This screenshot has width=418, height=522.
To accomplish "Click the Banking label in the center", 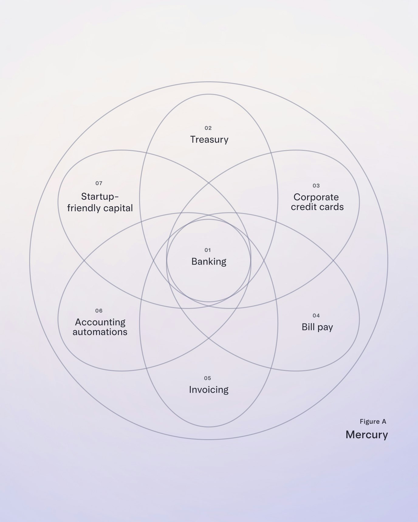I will pos(209,262).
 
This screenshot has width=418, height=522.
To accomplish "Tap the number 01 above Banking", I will pos(207,250).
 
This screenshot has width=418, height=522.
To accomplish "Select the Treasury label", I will pos(209,140).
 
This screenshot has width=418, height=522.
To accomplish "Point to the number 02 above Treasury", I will pos(208,128).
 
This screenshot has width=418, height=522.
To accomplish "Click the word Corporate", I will pos(316,197).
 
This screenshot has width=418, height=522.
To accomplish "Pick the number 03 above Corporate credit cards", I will pos(316,186).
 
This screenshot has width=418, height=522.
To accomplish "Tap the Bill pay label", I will pos(317,327).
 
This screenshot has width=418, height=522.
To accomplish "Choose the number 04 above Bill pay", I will pos(316,316).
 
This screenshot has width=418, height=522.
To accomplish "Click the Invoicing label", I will pos(209,390).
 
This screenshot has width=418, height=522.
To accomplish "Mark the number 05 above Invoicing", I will pos(207,378).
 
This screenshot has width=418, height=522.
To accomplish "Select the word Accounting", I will pos(100,322).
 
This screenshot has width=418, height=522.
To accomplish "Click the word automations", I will pos(100,332).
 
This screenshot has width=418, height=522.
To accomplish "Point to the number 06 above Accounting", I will pos(99,311).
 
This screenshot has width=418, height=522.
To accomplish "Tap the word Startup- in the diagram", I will pos(100,197).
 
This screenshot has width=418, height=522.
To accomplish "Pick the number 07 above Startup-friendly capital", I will pos(99,183).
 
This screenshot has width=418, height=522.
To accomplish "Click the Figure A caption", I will pos(373,422).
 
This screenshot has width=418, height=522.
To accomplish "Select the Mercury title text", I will pos(367,435).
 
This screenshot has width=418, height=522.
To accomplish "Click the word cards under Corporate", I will pos(332,207).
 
